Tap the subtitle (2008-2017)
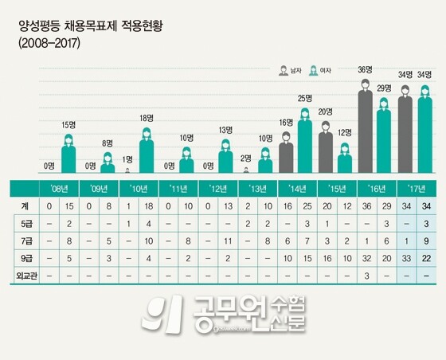click(x=49, y=43)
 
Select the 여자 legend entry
click(x=322, y=71)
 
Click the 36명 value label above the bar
click(x=366, y=70)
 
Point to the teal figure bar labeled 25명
click(x=306, y=139)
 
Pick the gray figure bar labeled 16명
click(x=286, y=151)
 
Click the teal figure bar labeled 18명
click(x=147, y=149)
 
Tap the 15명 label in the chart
click(x=68, y=125)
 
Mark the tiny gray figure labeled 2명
click(x=246, y=169)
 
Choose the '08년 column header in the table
click(x=58, y=189)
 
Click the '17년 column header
click(x=415, y=189)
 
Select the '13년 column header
click(x=256, y=189)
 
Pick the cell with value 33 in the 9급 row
click(x=405, y=257)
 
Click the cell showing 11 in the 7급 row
click(x=227, y=241)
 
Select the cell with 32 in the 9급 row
click(x=366, y=257)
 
